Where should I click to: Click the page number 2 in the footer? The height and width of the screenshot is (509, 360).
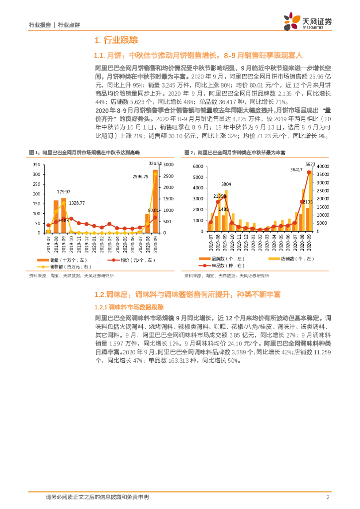click(328, 497)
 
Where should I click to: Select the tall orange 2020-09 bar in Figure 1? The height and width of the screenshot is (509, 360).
click(155, 201)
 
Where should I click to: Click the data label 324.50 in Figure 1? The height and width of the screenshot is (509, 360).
click(155, 163)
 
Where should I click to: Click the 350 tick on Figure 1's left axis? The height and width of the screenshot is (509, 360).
click(37, 165)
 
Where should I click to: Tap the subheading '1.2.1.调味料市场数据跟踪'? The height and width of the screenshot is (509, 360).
click(125, 307)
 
